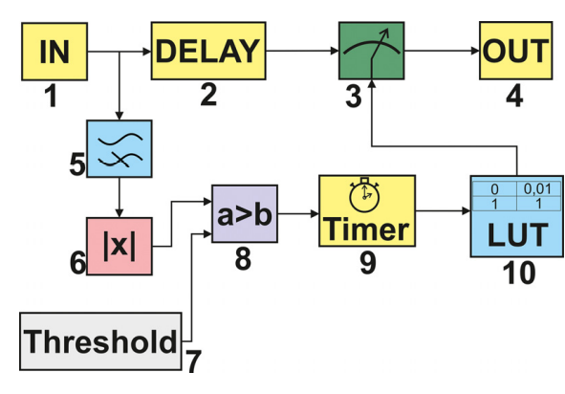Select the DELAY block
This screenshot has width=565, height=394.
(206, 50)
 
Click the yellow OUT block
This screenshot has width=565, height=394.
(515, 50)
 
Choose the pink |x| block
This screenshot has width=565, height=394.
(120, 244)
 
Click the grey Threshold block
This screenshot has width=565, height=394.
(101, 339)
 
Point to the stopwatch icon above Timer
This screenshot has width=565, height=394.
(361, 196)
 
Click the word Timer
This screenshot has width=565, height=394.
(367, 230)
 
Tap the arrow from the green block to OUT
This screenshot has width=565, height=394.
(442, 50)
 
